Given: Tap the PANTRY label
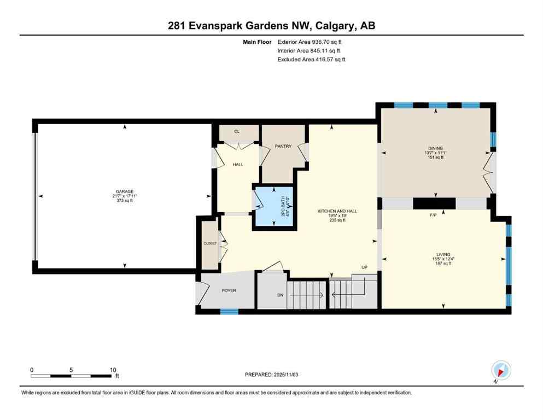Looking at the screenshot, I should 283,146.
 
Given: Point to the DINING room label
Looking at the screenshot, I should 435,148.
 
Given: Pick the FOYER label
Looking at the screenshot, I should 229,290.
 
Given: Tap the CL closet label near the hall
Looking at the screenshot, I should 237,131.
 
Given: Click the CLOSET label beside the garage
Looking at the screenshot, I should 210,243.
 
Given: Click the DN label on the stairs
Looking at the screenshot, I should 280,295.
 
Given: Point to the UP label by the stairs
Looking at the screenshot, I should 364,267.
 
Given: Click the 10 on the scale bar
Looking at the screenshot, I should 113,370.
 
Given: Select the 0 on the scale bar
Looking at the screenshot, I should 32,370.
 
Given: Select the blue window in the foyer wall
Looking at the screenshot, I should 230,312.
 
